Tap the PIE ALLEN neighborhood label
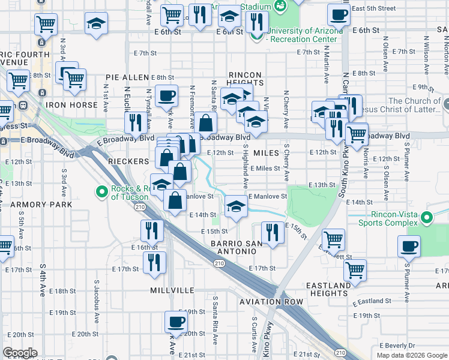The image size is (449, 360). [x=127, y=77]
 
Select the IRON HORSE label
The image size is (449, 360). [x=71, y=105]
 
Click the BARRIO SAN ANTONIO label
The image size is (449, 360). [x=237, y=247]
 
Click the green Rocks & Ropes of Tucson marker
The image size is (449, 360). [x=101, y=192]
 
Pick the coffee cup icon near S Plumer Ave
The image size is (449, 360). [x=409, y=245]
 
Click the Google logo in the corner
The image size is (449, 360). [x=20, y=353]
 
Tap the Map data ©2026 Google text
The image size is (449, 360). [x=412, y=355]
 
